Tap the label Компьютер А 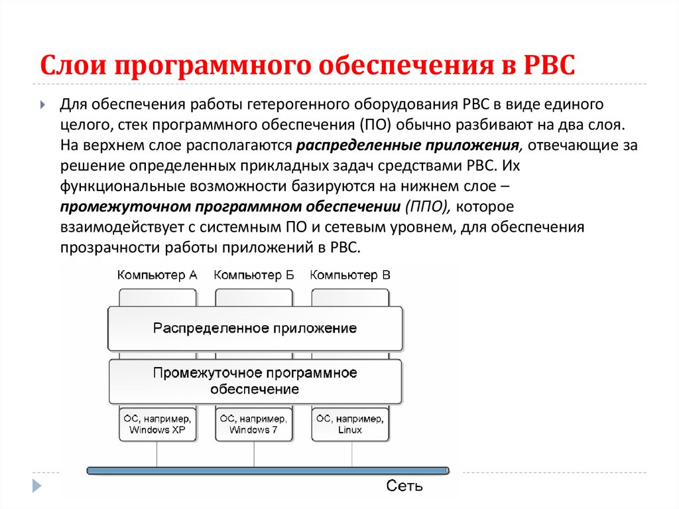click(157, 275)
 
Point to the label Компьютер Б click(254, 275)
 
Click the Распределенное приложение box click(255, 328)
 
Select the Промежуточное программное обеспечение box click(255, 381)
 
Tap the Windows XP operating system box click(158, 424)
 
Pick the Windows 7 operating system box click(254, 424)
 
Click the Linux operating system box click(349, 424)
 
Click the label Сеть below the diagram click(404, 486)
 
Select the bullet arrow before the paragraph click(42, 106)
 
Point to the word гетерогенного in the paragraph click(290, 105)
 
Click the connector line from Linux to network click(350, 453)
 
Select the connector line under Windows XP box click(157, 453)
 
